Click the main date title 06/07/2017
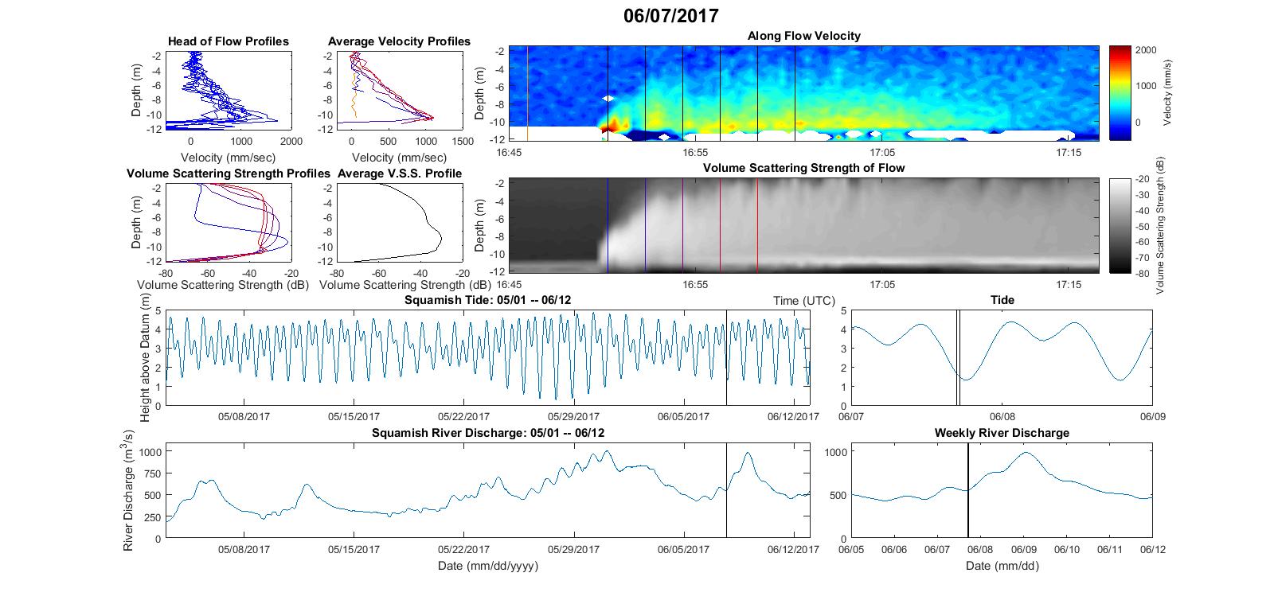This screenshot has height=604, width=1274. pos(670,15)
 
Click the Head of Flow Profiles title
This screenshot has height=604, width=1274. pos(228,41)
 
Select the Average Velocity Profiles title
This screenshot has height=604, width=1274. pos(399,41)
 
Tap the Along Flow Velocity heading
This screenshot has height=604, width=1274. pos(803,36)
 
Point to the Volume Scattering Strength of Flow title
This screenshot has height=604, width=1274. pos(803,168)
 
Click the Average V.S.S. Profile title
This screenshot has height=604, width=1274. pos(400,173)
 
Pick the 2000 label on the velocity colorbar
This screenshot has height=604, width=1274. pos(1146,50)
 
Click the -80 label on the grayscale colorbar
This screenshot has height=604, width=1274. pos(1138,273)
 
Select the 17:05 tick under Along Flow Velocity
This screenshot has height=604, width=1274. pos(881,152)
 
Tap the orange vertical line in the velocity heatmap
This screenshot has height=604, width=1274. pos(528,93)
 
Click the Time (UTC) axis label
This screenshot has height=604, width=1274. pos(803,301)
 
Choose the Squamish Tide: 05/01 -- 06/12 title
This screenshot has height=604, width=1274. pos(488,300)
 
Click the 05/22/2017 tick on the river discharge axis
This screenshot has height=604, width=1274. pos(463,549)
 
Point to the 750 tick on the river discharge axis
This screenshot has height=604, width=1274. pos(154,473)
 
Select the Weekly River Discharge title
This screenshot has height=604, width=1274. pos(1002,433)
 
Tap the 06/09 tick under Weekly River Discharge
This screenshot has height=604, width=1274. pos(1024,549)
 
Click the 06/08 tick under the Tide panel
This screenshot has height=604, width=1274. pos(1002,416)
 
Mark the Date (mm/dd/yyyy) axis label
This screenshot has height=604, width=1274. pos(488,566)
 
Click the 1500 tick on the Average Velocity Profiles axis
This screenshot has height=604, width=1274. pos(463,141)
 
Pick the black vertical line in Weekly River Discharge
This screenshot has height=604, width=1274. pos(968,490)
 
